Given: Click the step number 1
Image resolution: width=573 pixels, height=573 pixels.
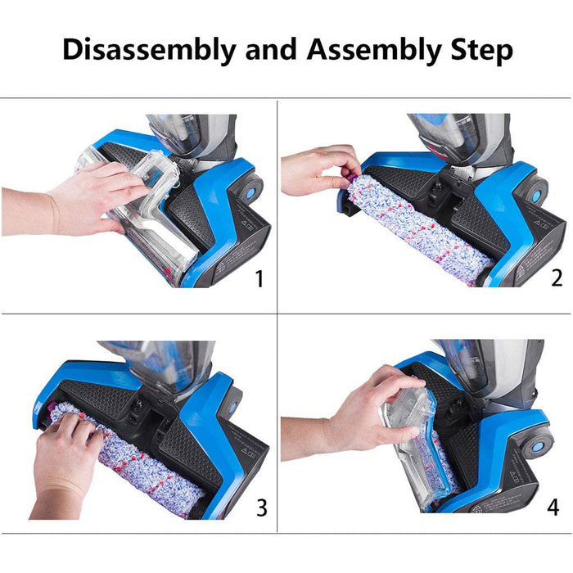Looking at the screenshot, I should (259, 279).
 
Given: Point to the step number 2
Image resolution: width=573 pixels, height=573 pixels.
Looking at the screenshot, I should (557, 279).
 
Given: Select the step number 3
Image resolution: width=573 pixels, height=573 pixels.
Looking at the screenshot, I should (261, 508).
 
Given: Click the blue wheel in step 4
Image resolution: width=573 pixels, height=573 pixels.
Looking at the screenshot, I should (539, 448).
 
